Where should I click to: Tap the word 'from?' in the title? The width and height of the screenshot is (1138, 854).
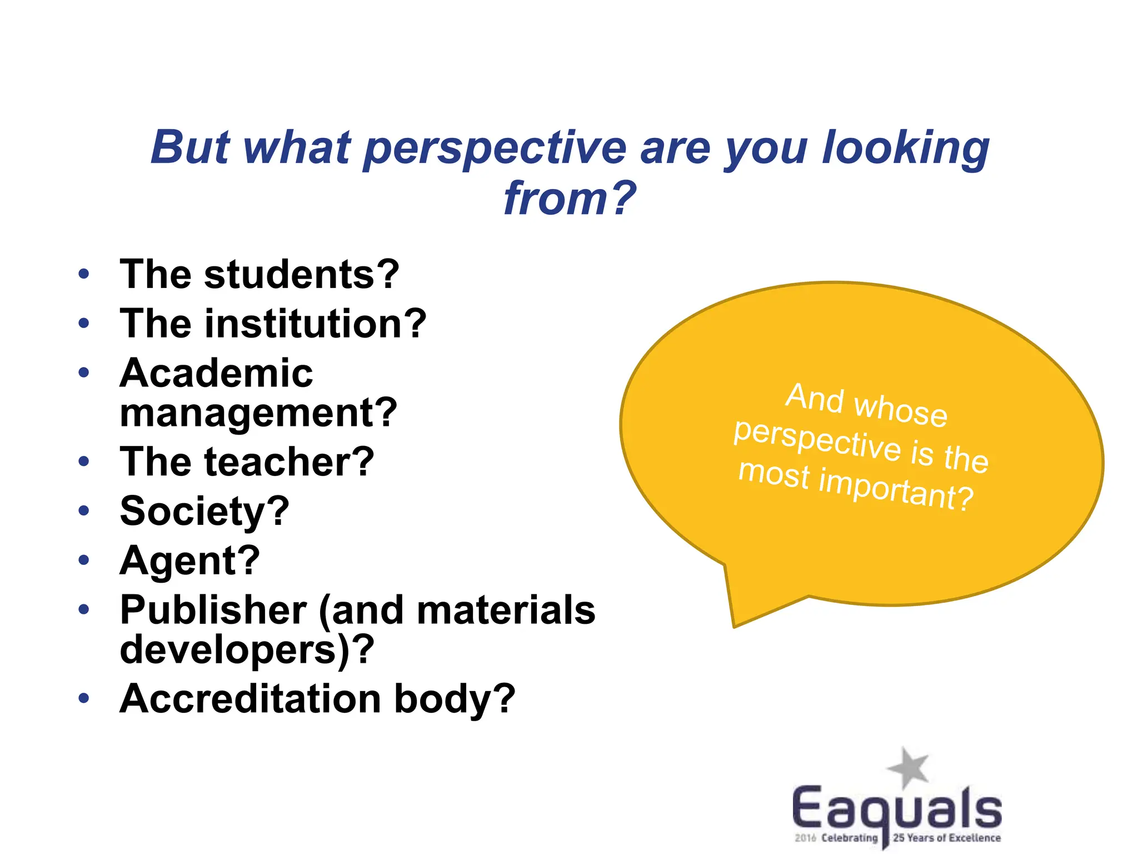pos(569,198)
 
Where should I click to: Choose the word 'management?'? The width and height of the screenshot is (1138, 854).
pos(258,413)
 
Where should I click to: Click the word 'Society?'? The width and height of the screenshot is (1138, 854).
pos(204,511)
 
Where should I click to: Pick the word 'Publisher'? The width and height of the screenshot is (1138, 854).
pos(213,610)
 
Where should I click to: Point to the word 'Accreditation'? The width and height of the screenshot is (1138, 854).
pos(251,699)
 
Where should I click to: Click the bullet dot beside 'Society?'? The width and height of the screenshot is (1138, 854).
pos(84,510)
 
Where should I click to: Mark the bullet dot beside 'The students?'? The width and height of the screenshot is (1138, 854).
pos(84,274)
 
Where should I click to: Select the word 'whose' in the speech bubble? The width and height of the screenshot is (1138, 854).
pos(901,410)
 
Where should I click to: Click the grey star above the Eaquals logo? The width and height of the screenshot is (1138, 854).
pos(908,768)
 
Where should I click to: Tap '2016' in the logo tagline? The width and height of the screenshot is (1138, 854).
pos(805,838)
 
